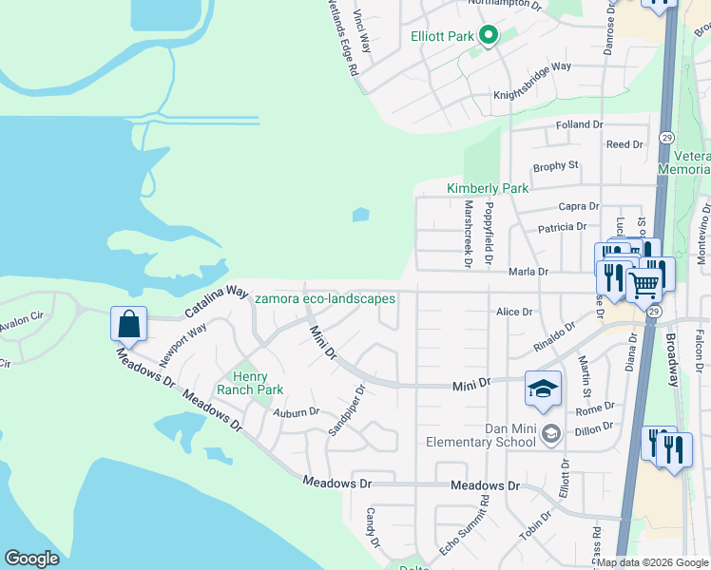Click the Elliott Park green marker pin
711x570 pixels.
[x=489, y=37]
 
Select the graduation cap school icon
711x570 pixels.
[x=543, y=388]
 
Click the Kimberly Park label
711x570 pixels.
[x=488, y=188]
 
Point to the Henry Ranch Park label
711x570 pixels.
[x=250, y=383]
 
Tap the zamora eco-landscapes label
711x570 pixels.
[x=325, y=298]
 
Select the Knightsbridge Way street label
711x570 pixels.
[x=531, y=94]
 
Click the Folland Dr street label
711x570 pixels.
[x=579, y=124]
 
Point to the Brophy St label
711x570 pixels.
[x=555, y=166]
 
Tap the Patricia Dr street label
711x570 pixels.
[x=562, y=227]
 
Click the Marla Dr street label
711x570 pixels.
[x=529, y=272]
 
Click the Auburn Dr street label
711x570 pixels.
[x=295, y=412]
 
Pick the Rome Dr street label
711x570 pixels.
[x=595, y=410]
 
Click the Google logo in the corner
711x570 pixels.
[x=31, y=559]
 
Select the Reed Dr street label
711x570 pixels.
[x=625, y=144]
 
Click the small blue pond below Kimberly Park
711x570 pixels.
[x=361, y=215]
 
